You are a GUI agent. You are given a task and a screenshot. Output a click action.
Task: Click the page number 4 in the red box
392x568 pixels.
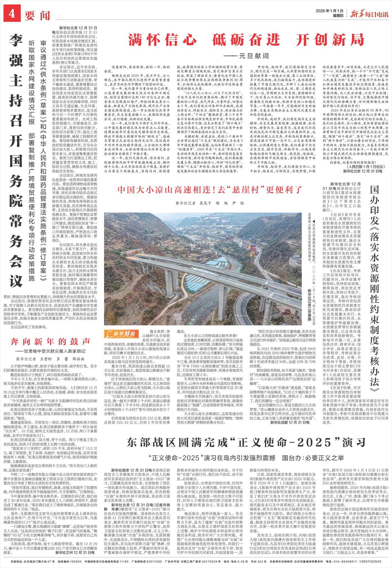point(12,15)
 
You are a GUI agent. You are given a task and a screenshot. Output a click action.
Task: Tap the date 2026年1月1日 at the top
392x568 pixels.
point(329,11)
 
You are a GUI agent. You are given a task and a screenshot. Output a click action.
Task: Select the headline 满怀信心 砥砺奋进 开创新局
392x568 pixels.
point(246,40)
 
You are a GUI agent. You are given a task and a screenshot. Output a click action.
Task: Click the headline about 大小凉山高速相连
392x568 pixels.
point(210,190)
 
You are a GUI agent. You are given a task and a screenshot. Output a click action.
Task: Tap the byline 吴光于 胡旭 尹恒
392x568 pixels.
point(210,203)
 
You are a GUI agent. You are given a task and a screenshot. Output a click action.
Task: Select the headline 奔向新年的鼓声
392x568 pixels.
point(50,341)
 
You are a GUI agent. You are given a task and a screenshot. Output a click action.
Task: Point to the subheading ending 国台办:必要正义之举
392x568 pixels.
point(246,458)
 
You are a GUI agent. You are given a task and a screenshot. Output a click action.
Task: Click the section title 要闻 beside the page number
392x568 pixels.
point(37,15)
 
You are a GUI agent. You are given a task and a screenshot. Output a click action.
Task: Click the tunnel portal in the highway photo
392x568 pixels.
point(130,254)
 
